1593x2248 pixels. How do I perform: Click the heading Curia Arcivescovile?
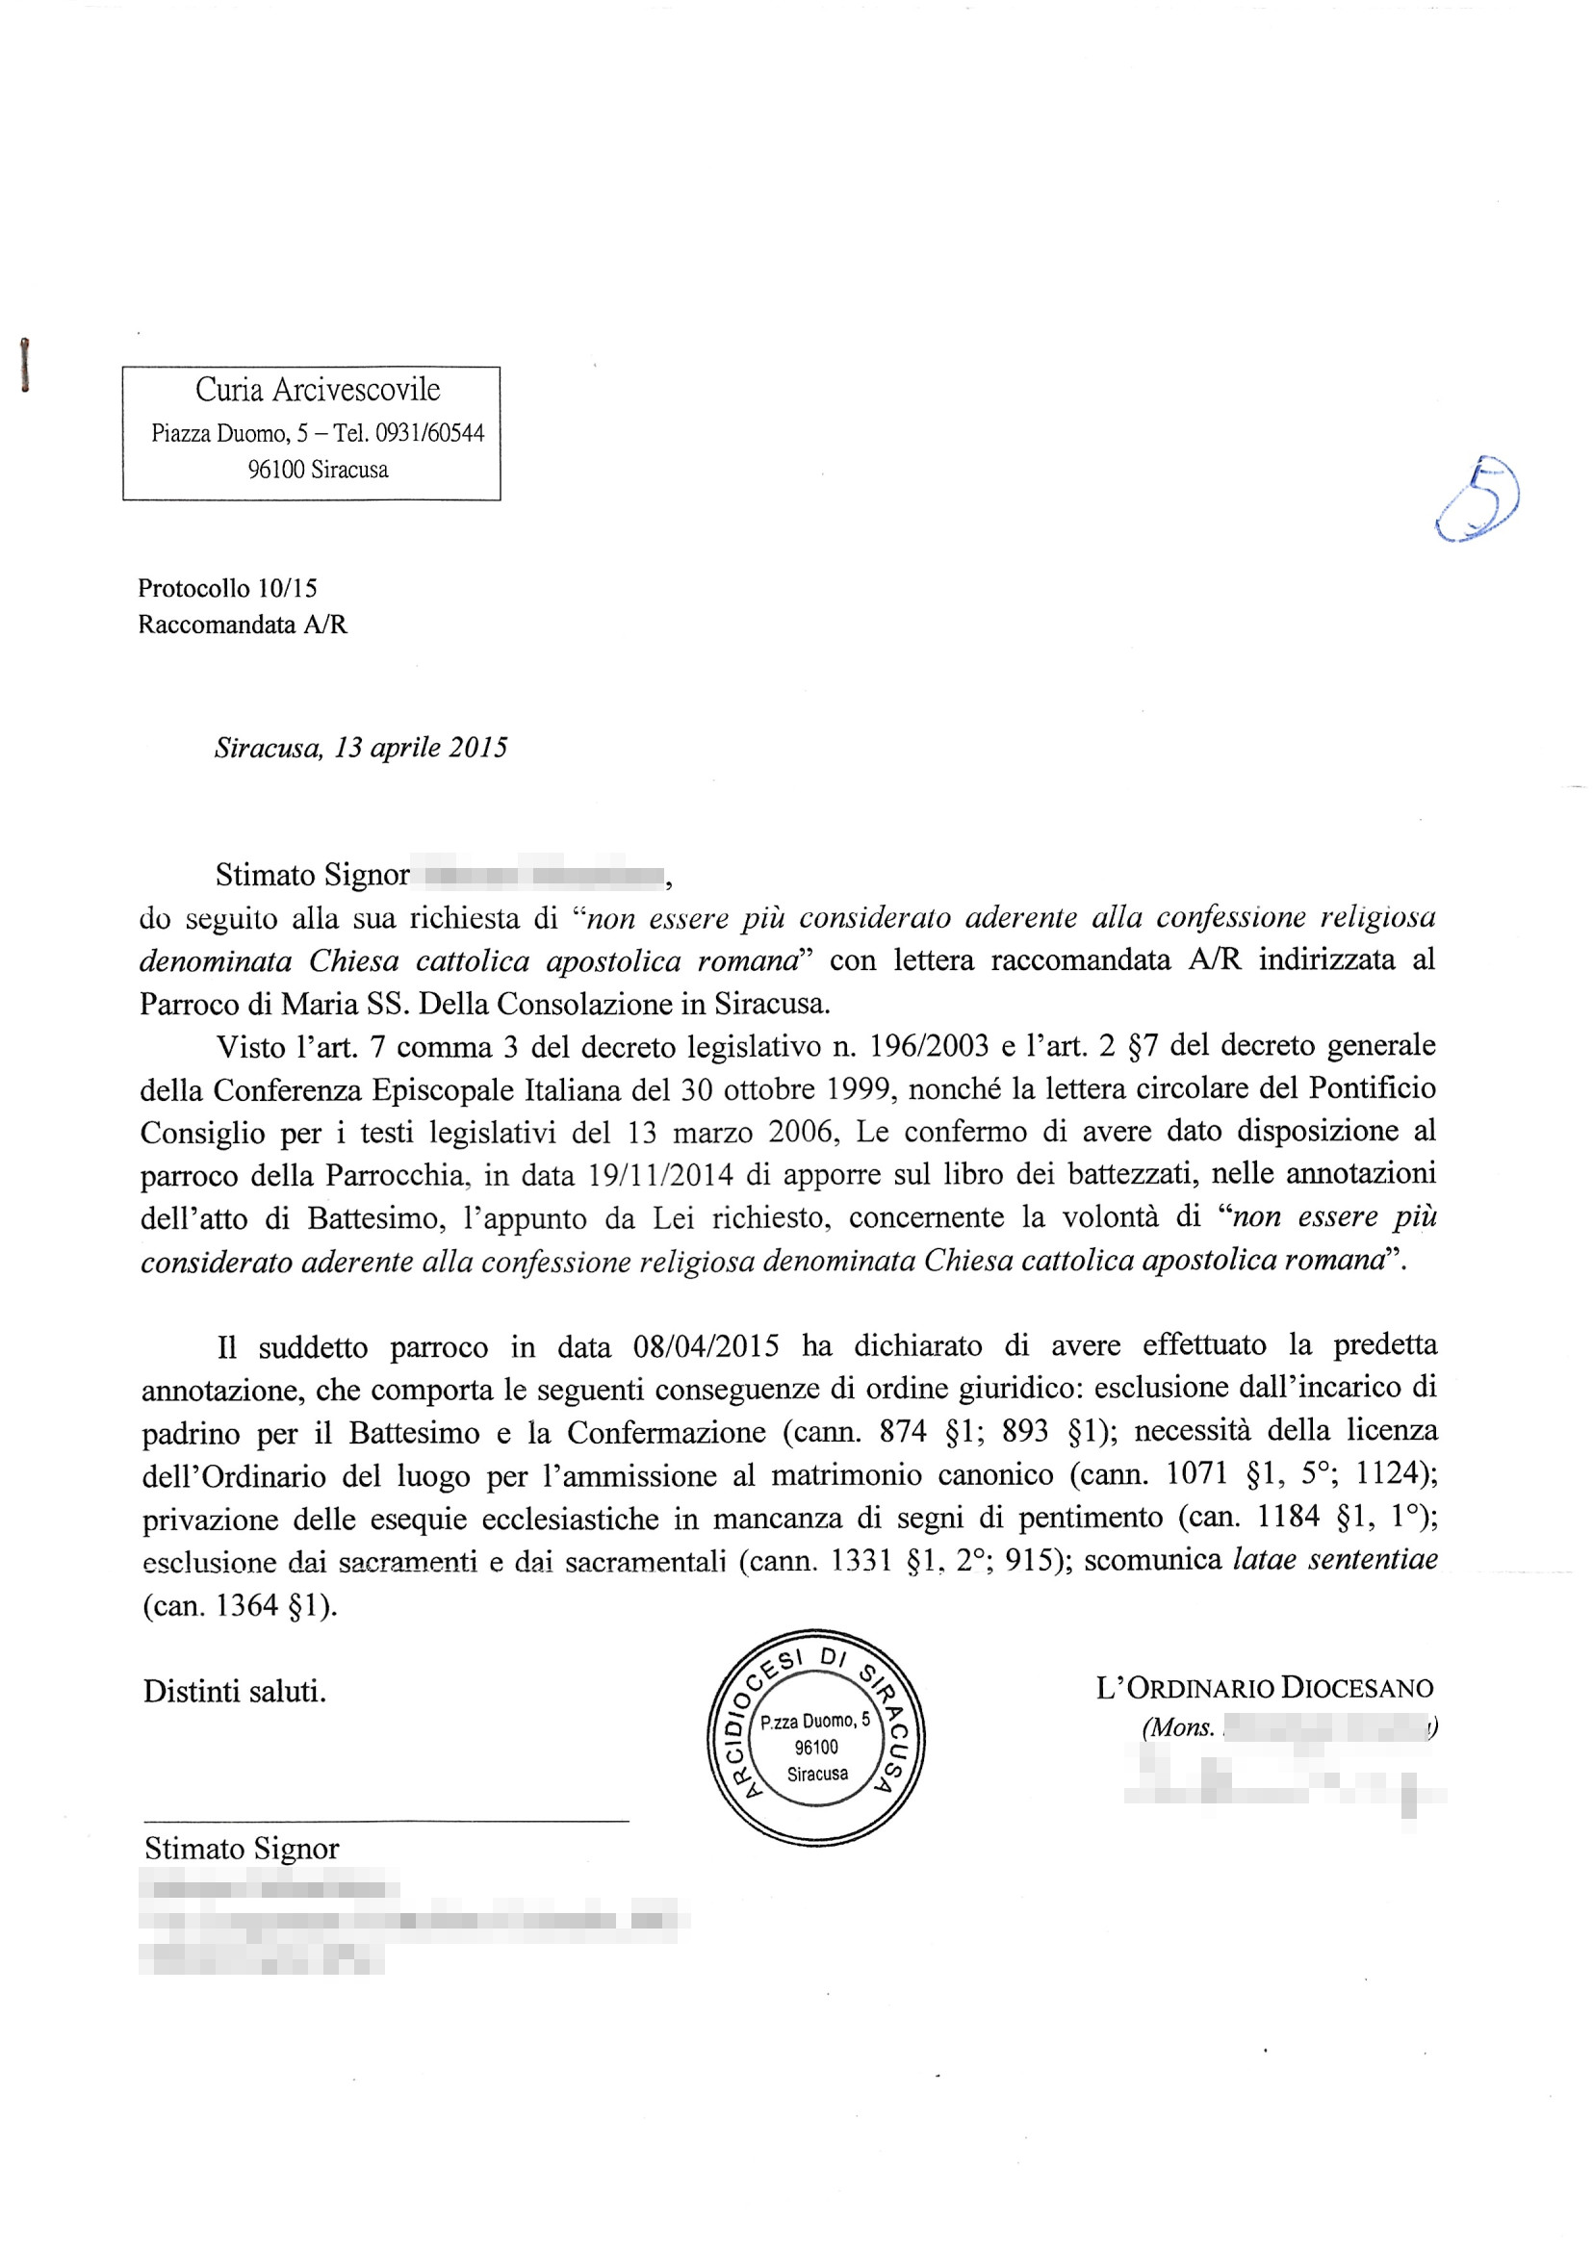(x=317, y=390)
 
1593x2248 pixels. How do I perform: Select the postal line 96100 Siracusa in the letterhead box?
(x=317, y=470)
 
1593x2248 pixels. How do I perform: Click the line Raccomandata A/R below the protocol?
(x=243, y=624)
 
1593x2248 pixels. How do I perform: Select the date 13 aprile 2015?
(x=421, y=748)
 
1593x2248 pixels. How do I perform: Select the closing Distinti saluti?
(x=235, y=1691)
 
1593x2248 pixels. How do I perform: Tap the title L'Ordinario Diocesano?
(x=1264, y=1688)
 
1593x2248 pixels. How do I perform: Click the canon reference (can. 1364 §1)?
(x=240, y=1604)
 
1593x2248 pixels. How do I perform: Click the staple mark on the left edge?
(x=24, y=365)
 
